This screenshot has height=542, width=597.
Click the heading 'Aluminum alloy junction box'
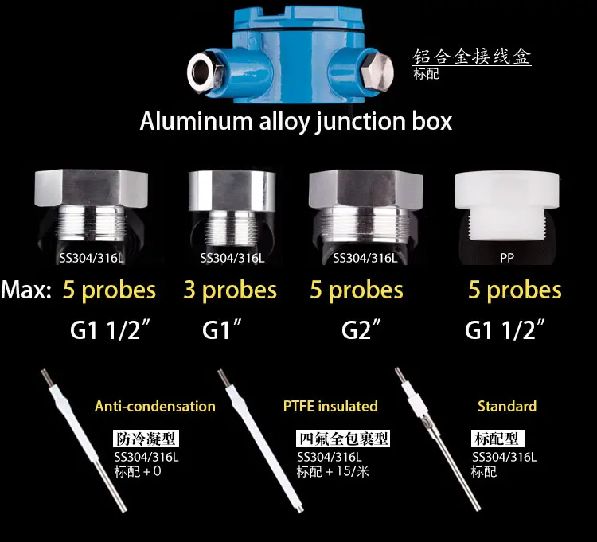click(296, 122)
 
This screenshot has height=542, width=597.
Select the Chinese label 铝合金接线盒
click(471, 57)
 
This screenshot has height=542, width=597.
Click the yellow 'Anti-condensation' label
click(155, 407)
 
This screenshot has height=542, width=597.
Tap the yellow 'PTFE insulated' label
click(330, 407)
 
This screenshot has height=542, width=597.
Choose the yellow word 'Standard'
click(507, 407)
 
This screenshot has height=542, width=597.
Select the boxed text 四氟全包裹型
click(343, 439)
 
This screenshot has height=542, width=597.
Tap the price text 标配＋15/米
click(333, 471)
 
